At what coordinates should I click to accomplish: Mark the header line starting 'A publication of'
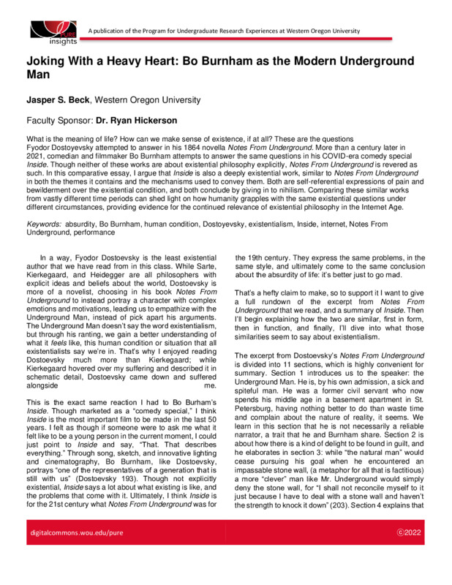click(223, 31)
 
